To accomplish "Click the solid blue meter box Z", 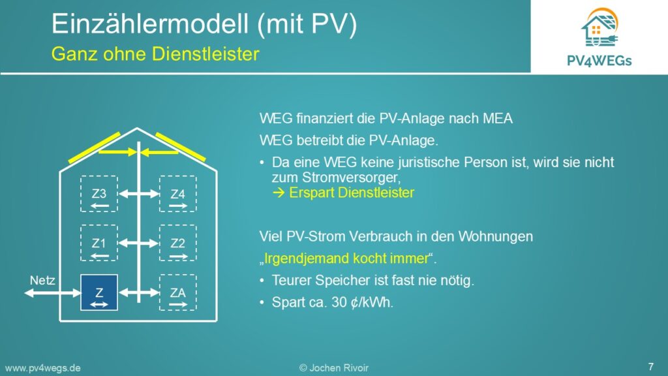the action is point(99,292).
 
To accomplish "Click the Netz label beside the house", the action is point(42,281).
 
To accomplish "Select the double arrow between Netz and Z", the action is point(52,293).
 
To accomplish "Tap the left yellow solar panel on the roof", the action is point(95,148).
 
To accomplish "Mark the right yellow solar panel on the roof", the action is point(181,147).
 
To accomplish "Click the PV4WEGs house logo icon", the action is point(600,27).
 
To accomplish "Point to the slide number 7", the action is point(650,366).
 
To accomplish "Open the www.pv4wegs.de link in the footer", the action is point(42,368).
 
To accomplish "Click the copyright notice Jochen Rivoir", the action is point(333,368).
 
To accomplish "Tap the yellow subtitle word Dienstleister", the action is point(205,54).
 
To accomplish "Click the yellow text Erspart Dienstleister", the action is point(343,193).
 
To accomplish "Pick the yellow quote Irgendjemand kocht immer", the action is point(346,258).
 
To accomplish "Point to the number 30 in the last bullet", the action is point(339,302).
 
